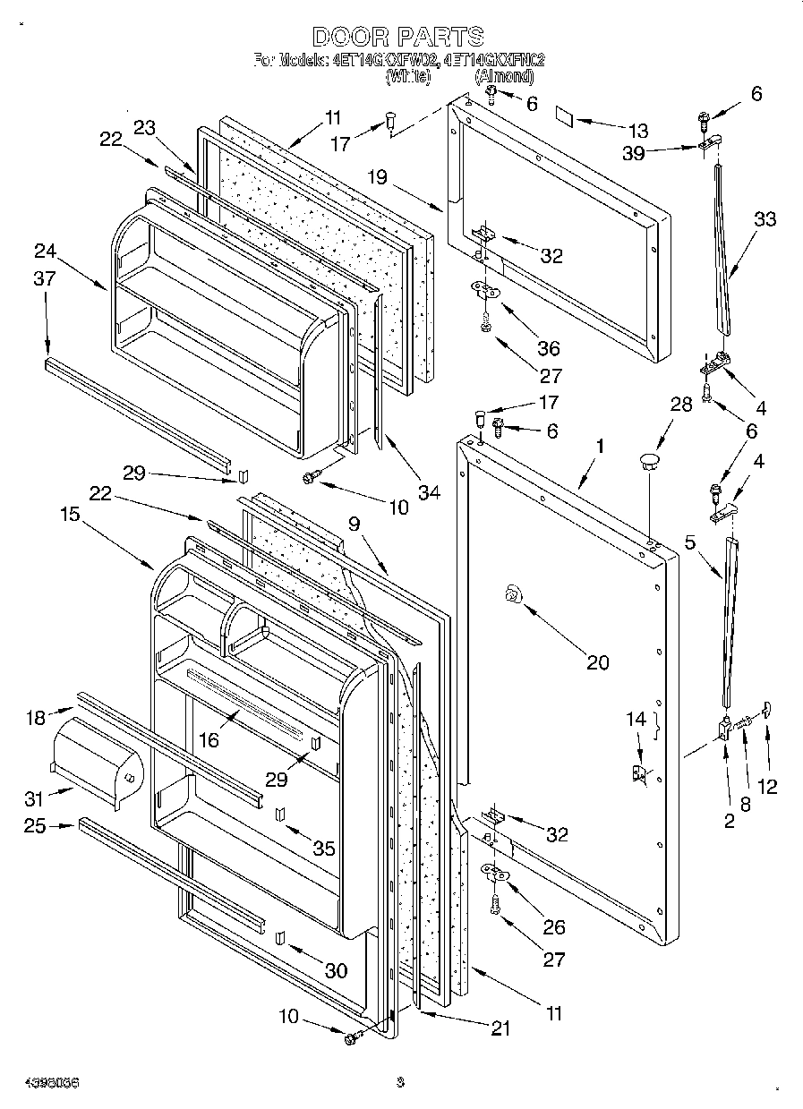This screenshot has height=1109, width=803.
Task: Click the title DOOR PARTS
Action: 398,37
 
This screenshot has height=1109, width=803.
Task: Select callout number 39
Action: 634,153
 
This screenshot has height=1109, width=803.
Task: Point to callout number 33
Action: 765,218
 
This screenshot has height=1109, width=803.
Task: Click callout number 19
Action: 375,177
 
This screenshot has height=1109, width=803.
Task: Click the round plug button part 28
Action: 649,461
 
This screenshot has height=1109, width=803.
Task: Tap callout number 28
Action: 681,404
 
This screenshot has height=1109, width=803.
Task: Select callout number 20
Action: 597,661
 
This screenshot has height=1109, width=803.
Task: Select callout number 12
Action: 768,787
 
